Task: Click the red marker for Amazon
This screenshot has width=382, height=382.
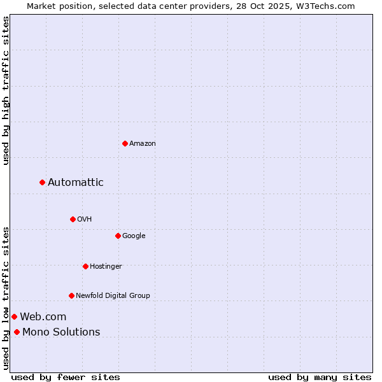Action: pyautogui.click(x=125, y=143)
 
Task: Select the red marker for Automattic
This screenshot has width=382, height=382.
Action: pyautogui.click(x=43, y=183)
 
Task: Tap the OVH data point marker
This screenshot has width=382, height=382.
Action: pyautogui.click(x=73, y=219)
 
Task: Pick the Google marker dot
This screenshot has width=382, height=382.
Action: pyautogui.click(x=118, y=236)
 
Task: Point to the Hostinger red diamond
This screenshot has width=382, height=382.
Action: pyautogui.click(x=85, y=266)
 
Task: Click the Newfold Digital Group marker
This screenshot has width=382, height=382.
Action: pyautogui.click(x=71, y=295)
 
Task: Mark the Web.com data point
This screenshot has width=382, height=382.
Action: pyautogui.click(x=14, y=316)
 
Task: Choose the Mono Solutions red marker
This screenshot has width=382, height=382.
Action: pyautogui.click(x=17, y=332)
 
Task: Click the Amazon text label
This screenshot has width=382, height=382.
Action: pyautogui.click(x=143, y=143)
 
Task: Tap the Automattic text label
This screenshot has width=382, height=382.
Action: pyautogui.click(x=76, y=183)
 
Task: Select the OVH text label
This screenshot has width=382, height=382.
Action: pyautogui.click(x=85, y=219)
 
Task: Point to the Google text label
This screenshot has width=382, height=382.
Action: pyautogui.click(x=134, y=236)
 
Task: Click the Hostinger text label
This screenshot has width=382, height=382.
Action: pyautogui.click(x=106, y=266)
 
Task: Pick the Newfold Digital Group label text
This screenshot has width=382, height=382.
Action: pyautogui.click(x=113, y=295)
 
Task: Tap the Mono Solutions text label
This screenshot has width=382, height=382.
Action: pyautogui.click(x=61, y=332)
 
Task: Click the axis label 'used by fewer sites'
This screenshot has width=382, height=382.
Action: pyautogui.click(x=66, y=377)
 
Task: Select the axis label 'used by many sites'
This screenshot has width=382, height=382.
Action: pyautogui.click(x=320, y=377)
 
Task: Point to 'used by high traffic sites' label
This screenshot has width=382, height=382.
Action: pyautogui.click(x=6, y=90)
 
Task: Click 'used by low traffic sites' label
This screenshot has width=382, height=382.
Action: pyautogui.click(x=6, y=298)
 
